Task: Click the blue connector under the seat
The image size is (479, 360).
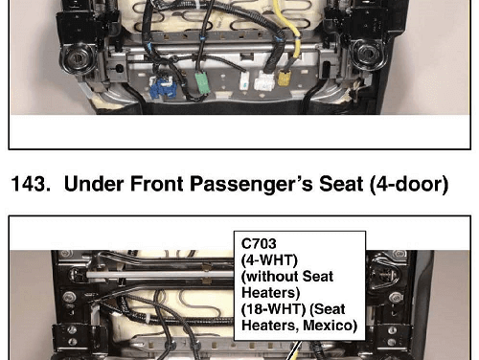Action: [x=162, y=87]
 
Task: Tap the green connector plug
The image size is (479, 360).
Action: [x=202, y=82]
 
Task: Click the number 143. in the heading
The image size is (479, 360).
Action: [x=31, y=184]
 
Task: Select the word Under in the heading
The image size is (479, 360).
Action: [x=94, y=184]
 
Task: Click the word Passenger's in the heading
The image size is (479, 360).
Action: [x=252, y=185]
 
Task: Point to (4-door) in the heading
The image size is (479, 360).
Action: [x=409, y=185]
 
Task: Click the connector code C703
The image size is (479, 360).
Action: [x=259, y=244]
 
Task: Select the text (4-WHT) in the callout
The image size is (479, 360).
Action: [x=269, y=260]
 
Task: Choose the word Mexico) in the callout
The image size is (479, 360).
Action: [x=330, y=326]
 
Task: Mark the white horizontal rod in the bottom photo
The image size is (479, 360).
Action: [x=160, y=274]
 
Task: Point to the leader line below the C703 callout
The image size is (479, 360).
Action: [x=293, y=350]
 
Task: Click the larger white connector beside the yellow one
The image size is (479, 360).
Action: [x=264, y=81]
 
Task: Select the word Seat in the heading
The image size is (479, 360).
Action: [x=341, y=184]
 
